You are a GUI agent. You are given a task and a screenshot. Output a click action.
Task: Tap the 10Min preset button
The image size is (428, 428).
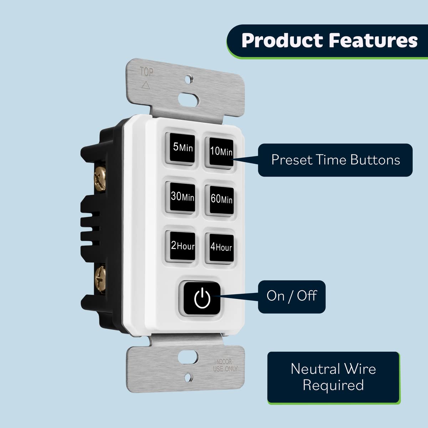[x=221, y=151]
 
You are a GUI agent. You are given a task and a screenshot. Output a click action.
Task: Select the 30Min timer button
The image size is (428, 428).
[x=182, y=197]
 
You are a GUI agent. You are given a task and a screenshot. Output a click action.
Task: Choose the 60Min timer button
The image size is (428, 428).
[x=221, y=199]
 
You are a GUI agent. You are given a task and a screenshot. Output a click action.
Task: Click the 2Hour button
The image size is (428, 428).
[x=182, y=246]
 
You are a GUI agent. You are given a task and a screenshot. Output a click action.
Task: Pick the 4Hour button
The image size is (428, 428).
[x=221, y=247]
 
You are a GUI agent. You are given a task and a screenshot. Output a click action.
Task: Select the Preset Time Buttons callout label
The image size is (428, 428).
[x=335, y=160]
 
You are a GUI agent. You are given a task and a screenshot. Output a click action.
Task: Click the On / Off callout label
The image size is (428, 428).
[x=291, y=296]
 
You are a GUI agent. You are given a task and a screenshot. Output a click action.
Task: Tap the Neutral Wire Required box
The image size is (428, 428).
[x=333, y=377]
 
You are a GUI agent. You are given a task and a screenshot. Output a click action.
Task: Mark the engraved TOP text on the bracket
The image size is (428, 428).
[x=147, y=72]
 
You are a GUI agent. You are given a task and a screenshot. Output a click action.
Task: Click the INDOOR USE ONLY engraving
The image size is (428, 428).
[x=225, y=366]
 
